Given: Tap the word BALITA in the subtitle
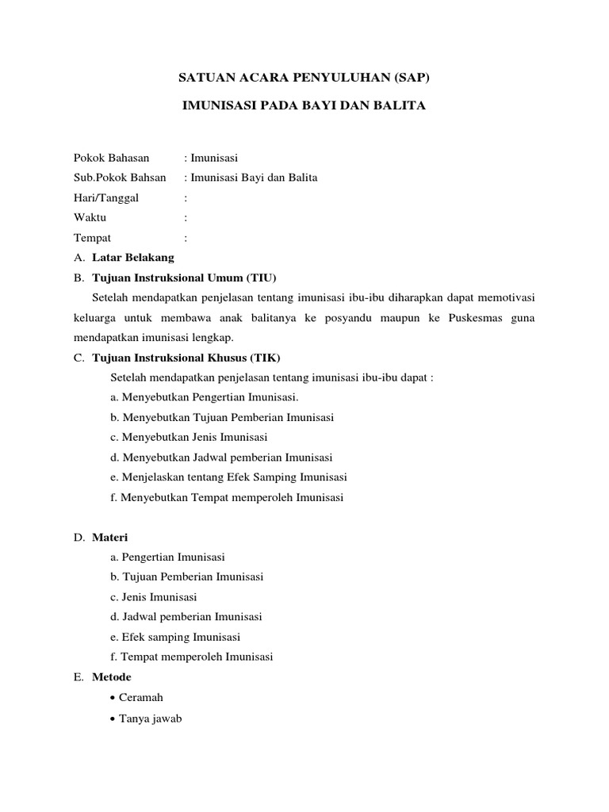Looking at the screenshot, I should [x=400, y=105].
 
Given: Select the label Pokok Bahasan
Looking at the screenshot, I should [x=111, y=158].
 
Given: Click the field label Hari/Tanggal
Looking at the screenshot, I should [x=105, y=197].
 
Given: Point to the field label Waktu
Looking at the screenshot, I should [x=90, y=217].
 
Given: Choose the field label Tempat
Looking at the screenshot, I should [x=92, y=237].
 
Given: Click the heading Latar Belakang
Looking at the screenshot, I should [x=132, y=258].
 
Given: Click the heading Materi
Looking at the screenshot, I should [x=109, y=537].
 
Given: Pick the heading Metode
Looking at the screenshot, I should [x=112, y=677].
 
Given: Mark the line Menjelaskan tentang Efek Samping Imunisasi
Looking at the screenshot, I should [x=228, y=477].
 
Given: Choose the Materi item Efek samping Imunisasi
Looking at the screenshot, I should [x=175, y=637].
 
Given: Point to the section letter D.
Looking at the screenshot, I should [x=79, y=537].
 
